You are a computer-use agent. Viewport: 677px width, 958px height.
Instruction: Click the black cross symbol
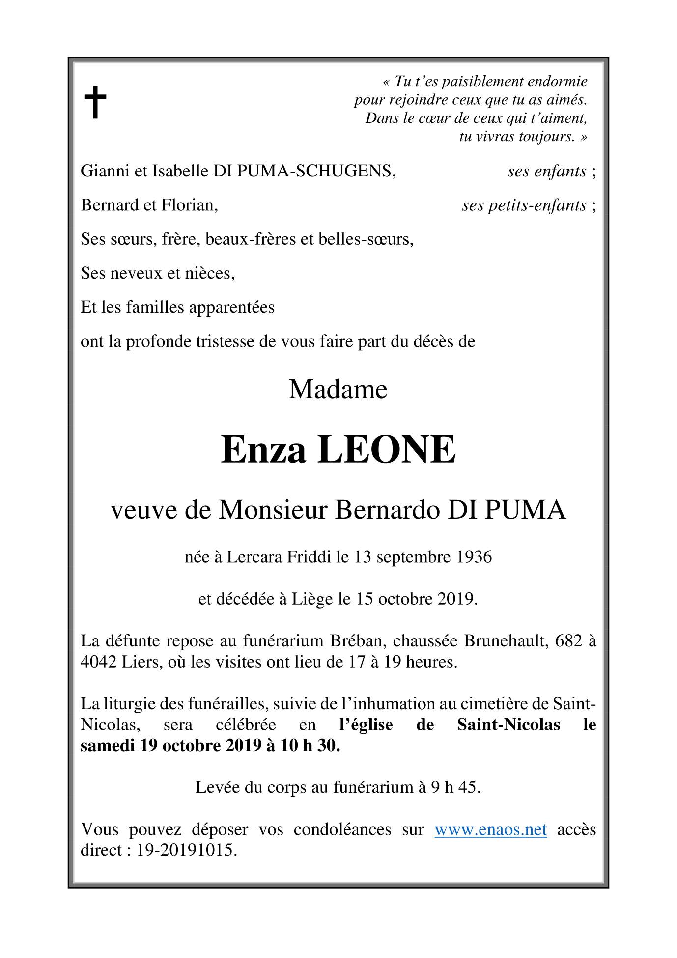(x=95, y=102)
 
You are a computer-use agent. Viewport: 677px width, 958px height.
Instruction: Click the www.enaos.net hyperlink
(x=490, y=830)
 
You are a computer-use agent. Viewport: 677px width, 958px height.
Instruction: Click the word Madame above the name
(x=338, y=390)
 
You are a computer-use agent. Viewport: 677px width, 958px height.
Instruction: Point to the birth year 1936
(x=474, y=557)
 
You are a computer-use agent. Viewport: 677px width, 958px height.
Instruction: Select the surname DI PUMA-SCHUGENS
(x=304, y=171)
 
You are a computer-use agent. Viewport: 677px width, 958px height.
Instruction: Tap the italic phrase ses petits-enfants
(x=524, y=205)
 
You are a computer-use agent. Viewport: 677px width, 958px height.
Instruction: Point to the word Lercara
(x=254, y=557)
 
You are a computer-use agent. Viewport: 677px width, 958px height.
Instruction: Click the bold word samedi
(x=108, y=746)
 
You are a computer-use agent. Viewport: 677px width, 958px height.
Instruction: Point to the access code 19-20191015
(x=187, y=850)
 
